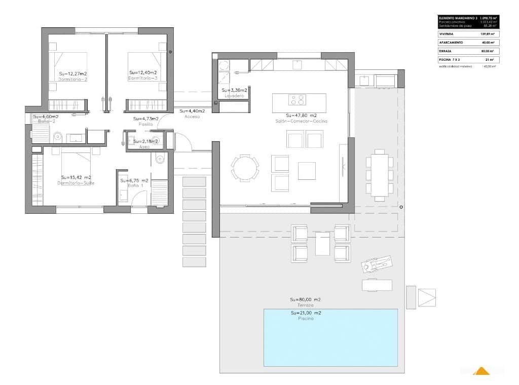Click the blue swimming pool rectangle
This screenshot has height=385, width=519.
(330, 337)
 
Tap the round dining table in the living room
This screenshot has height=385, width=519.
(245, 167)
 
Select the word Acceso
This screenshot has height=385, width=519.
(192, 117)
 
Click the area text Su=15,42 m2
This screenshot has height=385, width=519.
(76, 177)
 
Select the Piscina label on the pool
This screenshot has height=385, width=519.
(306, 319)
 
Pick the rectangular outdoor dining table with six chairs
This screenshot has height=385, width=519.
(380, 175)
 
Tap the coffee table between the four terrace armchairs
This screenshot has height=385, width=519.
(322, 243)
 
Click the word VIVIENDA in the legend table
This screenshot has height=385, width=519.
(447, 34)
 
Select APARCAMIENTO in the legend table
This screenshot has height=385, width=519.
(450, 43)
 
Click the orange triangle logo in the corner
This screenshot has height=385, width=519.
(481, 372)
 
